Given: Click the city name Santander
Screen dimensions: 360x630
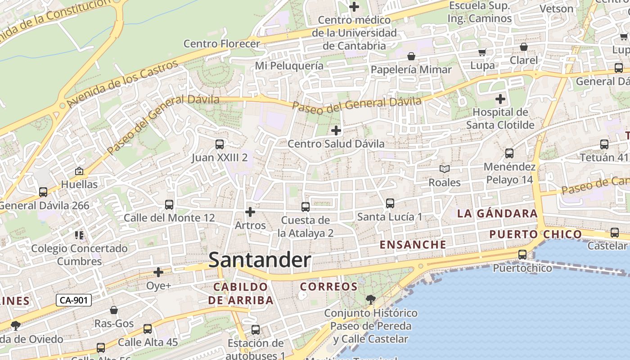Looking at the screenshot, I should pos(260,260).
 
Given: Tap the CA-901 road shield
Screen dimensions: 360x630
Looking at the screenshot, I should pos(74,300).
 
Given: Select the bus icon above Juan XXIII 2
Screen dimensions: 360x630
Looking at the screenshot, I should pos(220,144).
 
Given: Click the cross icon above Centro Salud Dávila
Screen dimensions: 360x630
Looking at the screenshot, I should pos(336,131).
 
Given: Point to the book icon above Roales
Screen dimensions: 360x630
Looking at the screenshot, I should pos(445,169).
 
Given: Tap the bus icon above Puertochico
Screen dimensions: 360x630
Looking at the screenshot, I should pos(522,255).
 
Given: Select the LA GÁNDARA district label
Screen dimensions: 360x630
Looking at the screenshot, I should pos(497,214).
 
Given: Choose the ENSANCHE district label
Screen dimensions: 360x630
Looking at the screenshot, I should pos(413,245).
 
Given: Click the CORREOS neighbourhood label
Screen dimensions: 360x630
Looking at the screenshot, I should pos(329,287).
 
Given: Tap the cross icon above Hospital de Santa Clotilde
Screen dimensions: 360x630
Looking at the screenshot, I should pos(500,99).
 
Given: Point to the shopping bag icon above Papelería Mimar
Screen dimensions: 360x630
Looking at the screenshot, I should pos(411,57).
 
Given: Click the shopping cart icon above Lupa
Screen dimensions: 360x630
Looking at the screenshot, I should pos(482,52).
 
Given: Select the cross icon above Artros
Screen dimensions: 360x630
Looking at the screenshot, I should pos(250,211).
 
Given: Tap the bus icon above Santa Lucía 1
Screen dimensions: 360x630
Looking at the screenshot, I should pos(390,203).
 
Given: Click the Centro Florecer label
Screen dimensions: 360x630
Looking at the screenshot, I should pos(222,44).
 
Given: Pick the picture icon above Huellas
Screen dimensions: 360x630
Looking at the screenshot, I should pos(79,171).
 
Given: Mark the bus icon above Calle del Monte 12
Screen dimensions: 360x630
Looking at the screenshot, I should pos(169,205).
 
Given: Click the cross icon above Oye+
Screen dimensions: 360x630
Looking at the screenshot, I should pos(158,272).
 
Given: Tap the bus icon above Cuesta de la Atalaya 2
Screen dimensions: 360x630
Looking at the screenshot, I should pos(306,207).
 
